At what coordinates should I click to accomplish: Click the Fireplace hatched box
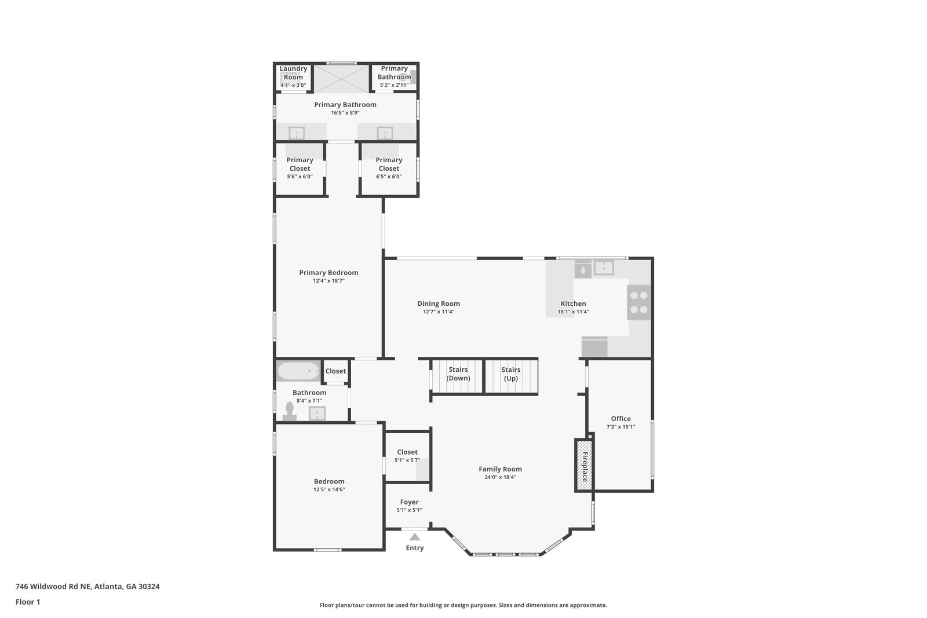tap(585, 465)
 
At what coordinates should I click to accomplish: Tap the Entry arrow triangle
tap(415, 536)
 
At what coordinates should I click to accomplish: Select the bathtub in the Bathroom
tap(298, 371)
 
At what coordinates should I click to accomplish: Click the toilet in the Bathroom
tap(289, 412)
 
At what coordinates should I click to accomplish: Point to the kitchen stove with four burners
tap(638, 302)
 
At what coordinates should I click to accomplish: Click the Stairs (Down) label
tap(458, 374)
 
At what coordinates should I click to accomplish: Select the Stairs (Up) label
tap(510, 374)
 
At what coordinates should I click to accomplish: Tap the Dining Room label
tap(438, 303)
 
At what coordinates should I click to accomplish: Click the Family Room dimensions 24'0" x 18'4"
tap(501, 477)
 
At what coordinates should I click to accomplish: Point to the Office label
tap(621, 419)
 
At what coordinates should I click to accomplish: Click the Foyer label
tap(409, 502)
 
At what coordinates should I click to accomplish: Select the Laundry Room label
tap(293, 73)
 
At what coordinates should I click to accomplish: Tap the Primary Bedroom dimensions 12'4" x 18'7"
tap(329, 281)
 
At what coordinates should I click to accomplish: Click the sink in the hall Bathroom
tap(317, 413)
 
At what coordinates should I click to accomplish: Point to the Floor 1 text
tap(28, 602)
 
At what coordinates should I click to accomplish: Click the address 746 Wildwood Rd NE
tap(53, 586)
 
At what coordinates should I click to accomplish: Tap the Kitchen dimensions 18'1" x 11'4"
tap(573, 312)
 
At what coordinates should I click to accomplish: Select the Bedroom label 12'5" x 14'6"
tap(329, 485)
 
